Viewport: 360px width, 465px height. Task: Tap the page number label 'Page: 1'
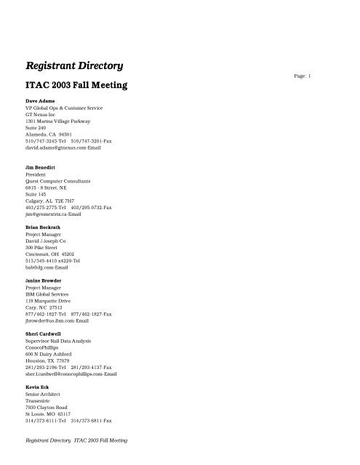coord(324,76)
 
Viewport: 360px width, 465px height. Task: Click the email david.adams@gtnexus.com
coord(63,147)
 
